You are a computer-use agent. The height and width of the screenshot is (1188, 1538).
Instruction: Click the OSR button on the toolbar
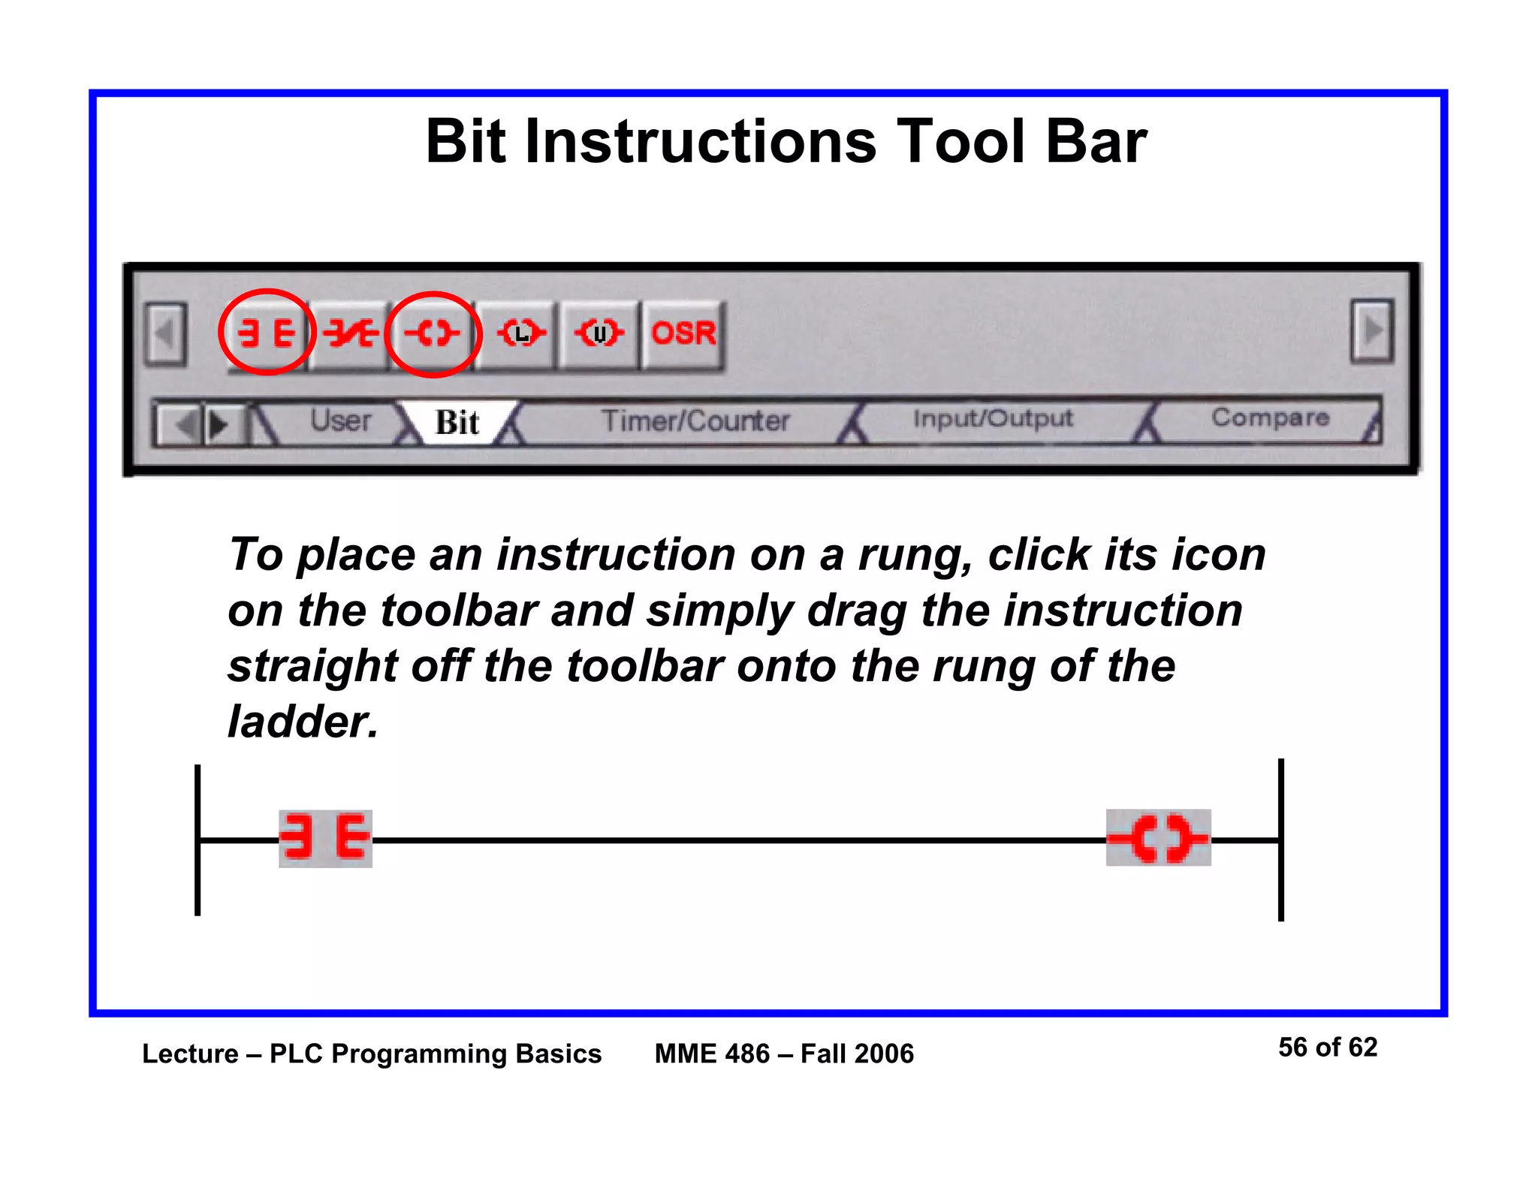683,333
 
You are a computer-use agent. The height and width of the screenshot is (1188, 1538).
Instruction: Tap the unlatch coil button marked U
599,333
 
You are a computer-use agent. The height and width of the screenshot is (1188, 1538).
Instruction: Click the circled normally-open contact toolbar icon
265,333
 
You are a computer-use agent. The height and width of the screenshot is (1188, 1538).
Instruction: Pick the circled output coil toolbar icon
432,333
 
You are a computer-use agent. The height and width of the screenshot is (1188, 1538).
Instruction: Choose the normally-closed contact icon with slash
350,333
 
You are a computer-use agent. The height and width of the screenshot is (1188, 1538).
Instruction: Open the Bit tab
457,423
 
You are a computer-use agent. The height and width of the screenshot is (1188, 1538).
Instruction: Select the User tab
340,421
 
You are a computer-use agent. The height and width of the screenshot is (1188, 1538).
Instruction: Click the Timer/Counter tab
695,421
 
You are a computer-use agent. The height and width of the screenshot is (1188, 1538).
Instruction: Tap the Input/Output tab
992,419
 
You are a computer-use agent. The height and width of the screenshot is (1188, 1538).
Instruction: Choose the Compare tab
1269,418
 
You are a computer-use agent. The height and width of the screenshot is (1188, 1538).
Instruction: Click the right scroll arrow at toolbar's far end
1371,331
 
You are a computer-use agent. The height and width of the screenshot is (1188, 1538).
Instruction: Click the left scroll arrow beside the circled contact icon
165,334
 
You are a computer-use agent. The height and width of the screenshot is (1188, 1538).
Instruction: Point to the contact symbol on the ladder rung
325,838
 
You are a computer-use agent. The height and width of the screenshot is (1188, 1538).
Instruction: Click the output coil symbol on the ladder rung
1158,838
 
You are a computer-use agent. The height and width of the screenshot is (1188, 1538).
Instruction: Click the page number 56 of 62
1327,1047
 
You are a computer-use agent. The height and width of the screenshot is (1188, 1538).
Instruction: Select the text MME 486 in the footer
711,1054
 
